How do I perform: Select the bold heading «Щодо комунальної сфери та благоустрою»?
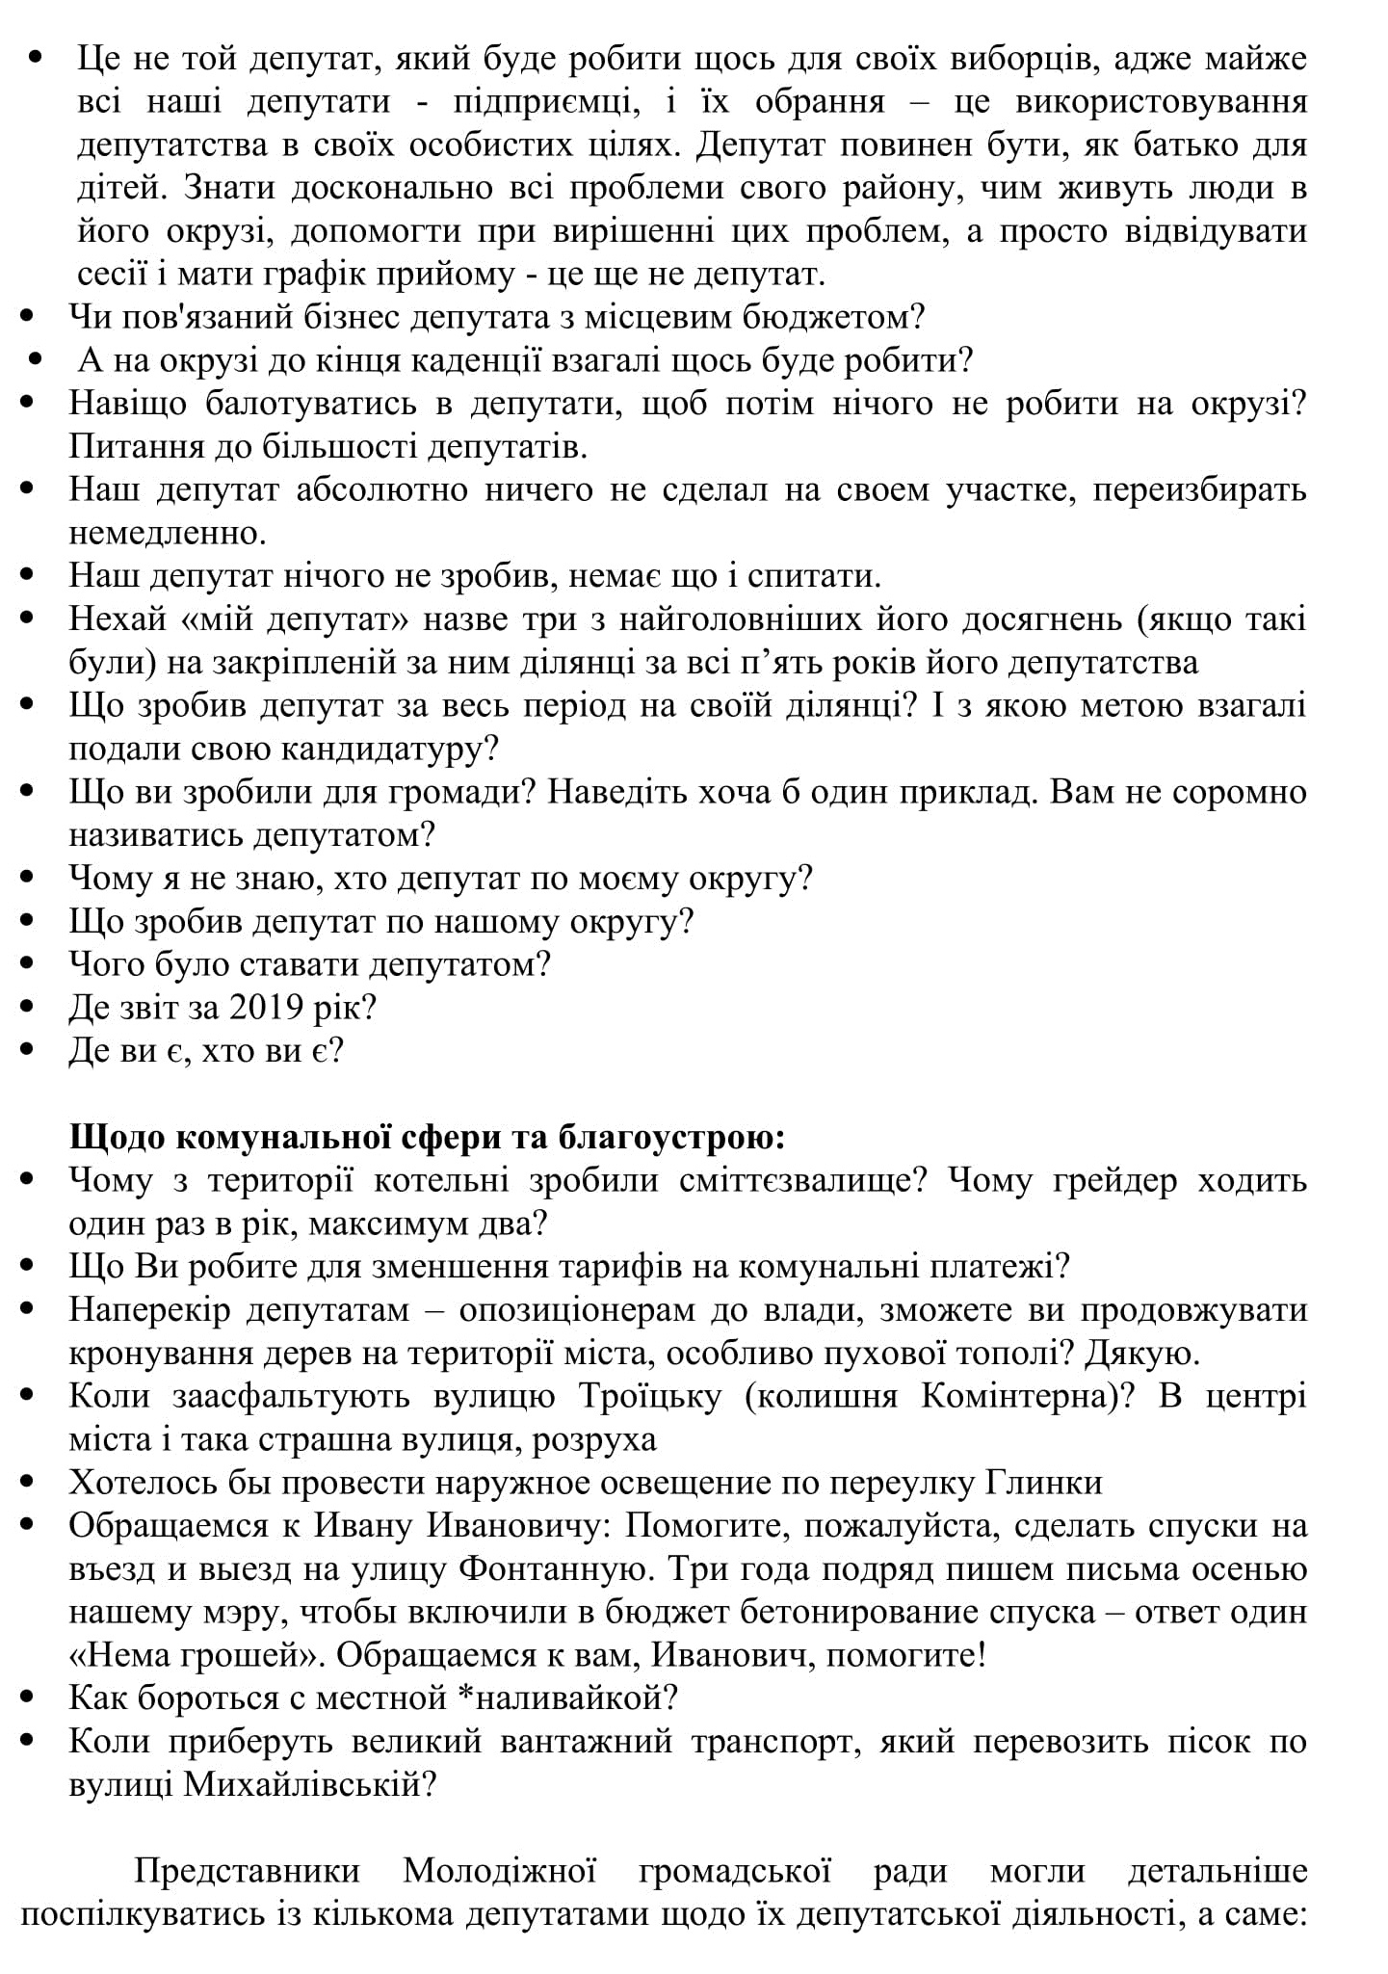427,1137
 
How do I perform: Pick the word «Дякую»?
1142,1353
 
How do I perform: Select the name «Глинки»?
1044,1482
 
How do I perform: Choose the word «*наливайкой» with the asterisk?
569,1698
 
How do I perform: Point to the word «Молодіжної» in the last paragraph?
499,1871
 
